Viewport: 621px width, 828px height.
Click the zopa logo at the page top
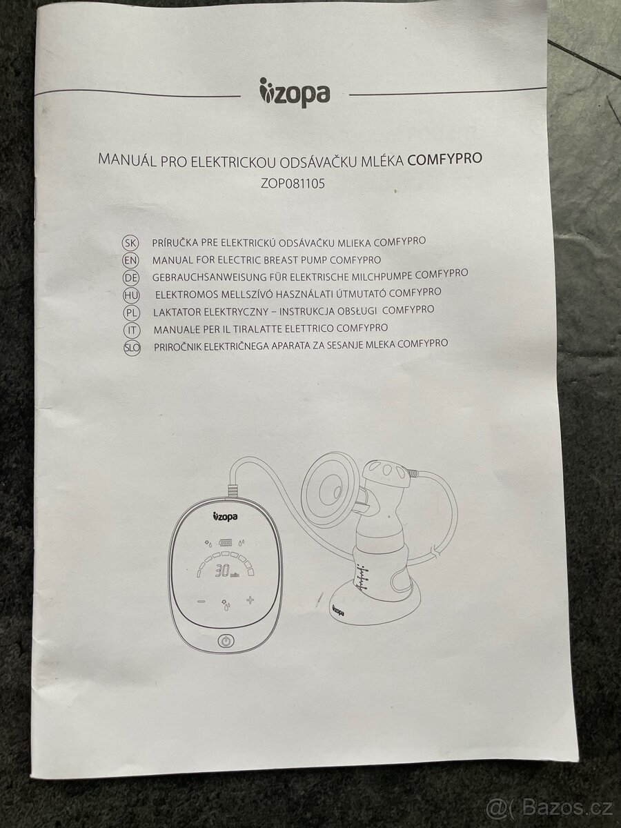(x=295, y=93)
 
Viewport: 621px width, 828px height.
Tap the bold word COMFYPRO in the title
(x=445, y=158)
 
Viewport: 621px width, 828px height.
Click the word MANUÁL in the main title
(x=128, y=161)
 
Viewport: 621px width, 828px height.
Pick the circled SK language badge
(x=130, y=244)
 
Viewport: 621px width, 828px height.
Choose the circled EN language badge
(x=130, y=261)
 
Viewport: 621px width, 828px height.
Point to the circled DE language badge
(x=130, y=278)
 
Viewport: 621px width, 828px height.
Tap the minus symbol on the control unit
(x=201, y=600)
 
